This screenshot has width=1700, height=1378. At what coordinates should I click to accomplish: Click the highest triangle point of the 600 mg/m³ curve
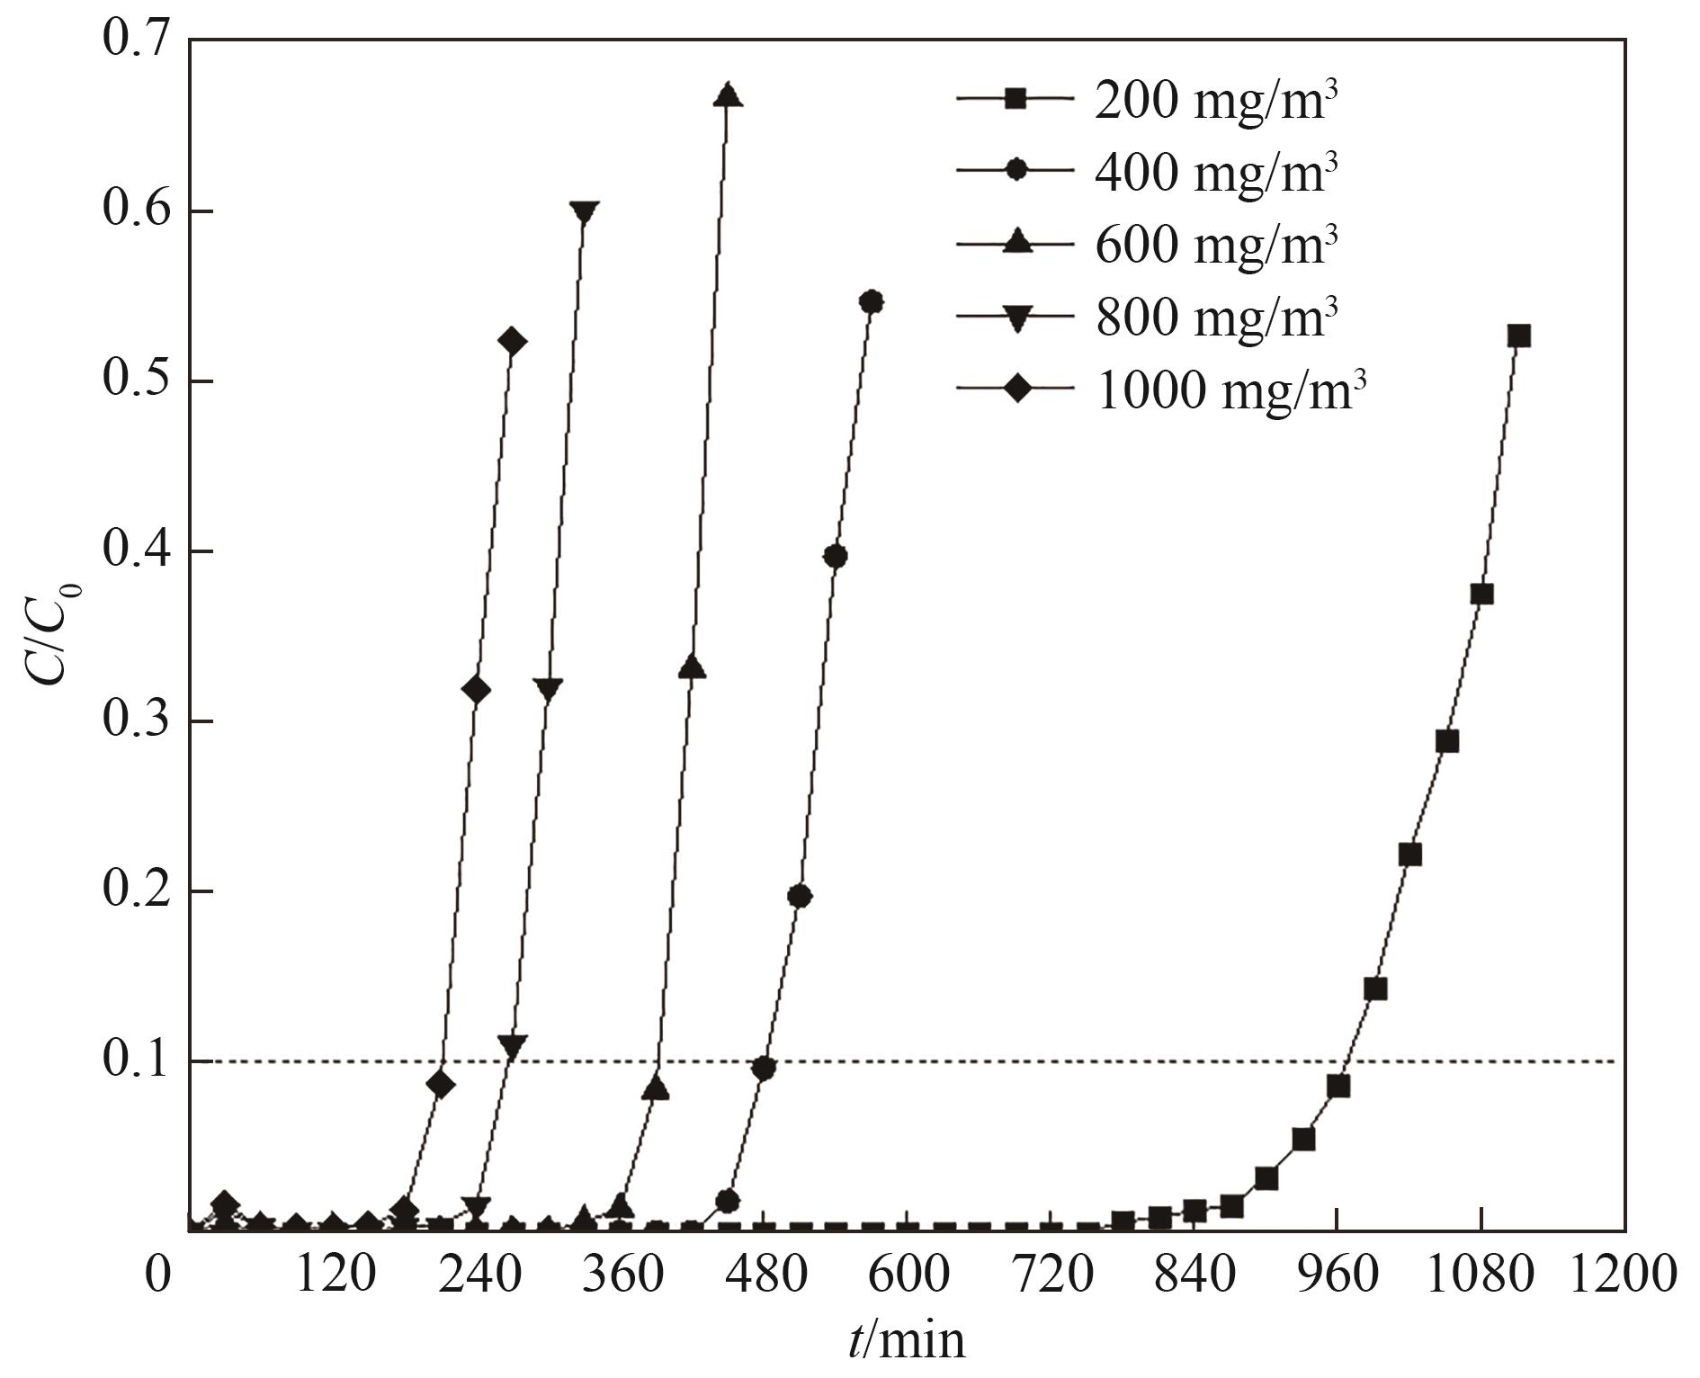click(x=728, y=95)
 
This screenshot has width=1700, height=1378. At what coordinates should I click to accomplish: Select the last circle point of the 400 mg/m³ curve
click(x=871, y=301)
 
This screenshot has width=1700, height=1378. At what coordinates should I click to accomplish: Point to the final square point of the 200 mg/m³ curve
click(x=1518, y=336)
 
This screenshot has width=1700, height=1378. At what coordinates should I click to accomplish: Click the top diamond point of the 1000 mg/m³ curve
click(x=512, y=342)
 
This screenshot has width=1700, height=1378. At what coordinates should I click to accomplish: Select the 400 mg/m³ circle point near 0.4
click(x=835, y=557)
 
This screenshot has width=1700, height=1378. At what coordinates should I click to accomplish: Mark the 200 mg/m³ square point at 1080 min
click(x=1481, y=595)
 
